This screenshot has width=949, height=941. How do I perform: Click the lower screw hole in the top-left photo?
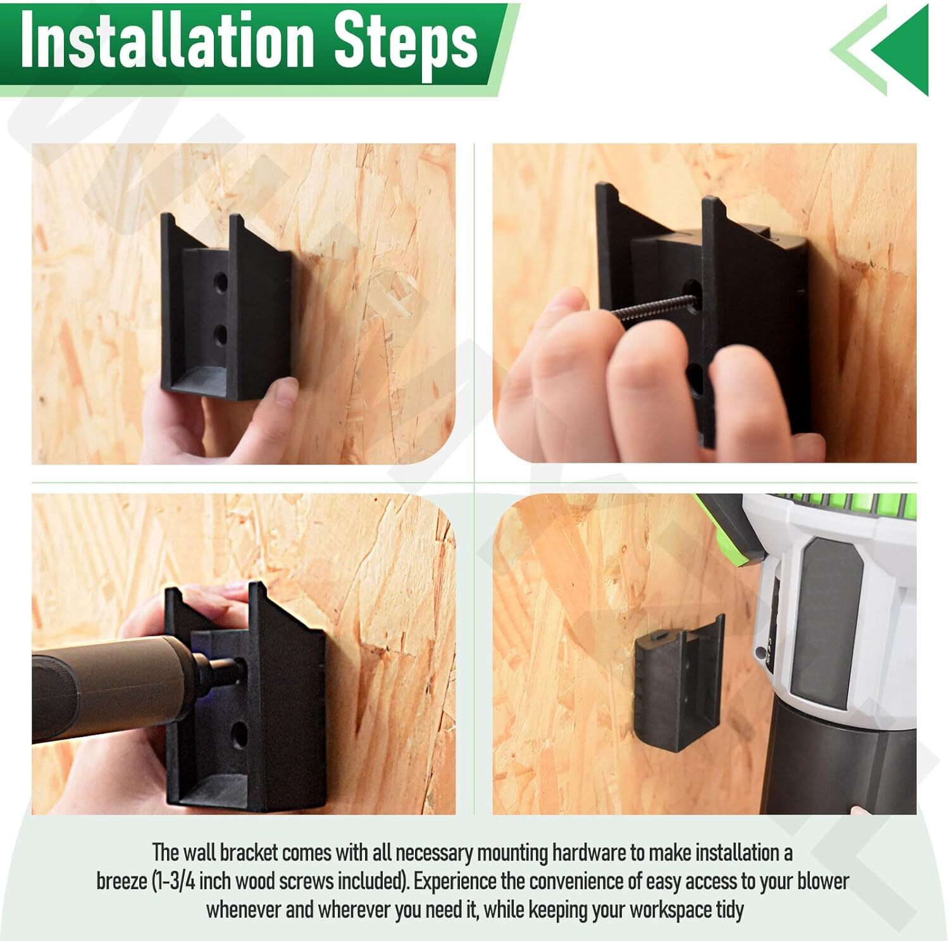(x=220, y=334)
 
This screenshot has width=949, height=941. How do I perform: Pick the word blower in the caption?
(x=823, y=882)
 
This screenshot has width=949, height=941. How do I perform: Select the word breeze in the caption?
(x=121, y=882)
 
